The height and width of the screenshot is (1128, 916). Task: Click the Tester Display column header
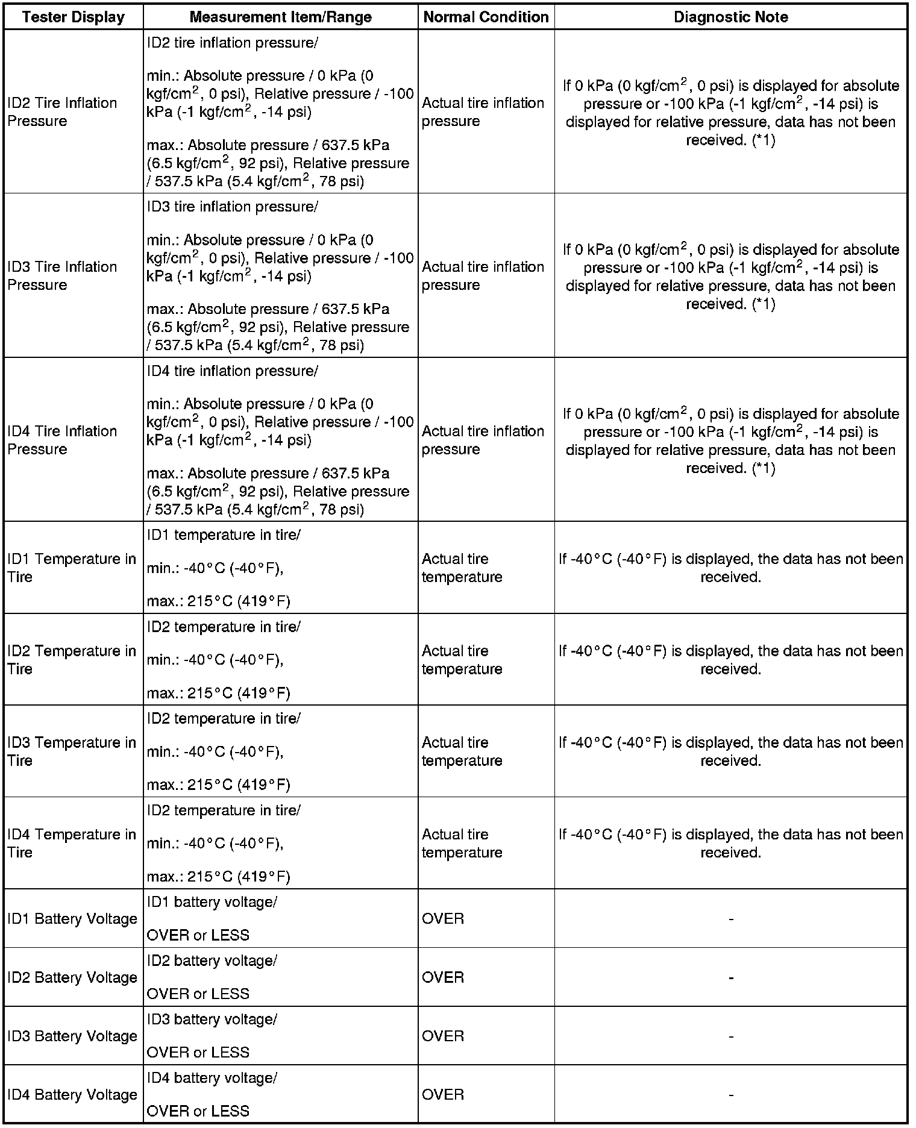click(73, 17)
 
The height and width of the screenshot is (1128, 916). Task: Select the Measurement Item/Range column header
click(280, 17)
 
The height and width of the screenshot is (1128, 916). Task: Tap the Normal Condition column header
click(486, 17)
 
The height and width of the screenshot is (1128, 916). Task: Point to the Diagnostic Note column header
click(730, 17)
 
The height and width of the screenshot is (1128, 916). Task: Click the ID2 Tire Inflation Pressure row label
click(62, 112)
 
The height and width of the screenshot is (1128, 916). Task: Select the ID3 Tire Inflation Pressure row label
click(62, 276)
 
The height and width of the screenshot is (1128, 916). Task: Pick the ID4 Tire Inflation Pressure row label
click(62, 440)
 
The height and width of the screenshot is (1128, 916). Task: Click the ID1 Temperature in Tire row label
click(72, 568)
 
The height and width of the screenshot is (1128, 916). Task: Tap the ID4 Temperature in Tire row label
click(72, 844)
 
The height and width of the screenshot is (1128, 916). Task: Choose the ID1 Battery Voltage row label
click(72, 919)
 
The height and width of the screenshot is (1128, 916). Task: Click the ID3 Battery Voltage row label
click(72, 1036)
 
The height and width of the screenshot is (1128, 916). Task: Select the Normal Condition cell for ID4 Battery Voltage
click(443, 1094)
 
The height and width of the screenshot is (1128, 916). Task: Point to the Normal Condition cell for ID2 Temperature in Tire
click(462, 660)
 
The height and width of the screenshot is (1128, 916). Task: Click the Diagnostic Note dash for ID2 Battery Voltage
click(730, 978)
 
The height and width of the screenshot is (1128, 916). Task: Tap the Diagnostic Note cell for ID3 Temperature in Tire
click(730, 751)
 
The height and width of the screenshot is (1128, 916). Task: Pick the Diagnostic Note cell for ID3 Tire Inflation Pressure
click(730, 277)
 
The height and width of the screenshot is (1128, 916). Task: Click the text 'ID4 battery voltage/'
click(212, 1077)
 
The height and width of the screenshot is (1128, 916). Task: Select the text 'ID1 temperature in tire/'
click(224, 535)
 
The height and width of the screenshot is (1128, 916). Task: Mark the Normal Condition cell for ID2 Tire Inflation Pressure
click(483, 112)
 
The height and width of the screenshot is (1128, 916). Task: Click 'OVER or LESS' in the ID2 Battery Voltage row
click(198, 994)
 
